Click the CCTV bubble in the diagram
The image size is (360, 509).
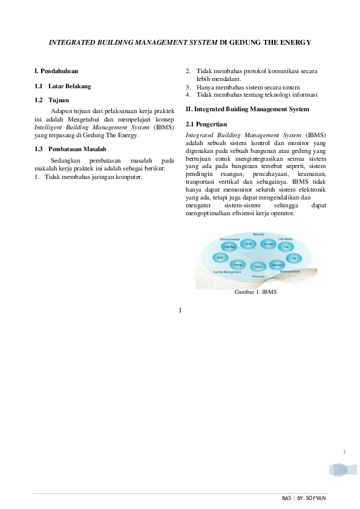click(x=248, y=244)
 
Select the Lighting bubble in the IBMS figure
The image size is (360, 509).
click(x=229, y=247)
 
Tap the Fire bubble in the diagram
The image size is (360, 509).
click(x=286, y=247)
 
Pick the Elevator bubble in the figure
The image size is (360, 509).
click(x=277, y=265)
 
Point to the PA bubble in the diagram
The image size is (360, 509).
click(x=294, y=258)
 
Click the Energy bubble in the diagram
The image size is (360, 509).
click(x=238, y=265)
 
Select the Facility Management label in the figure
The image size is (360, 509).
click(x=227, y=272)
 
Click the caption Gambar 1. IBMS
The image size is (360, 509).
click(x=255, y=292)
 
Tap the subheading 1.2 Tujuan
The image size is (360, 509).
click(x=52, y=100)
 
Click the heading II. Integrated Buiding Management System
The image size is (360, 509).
click(x=247, y=109)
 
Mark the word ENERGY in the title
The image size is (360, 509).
click(x=295, y=42)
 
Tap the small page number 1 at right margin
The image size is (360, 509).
click(x=344, y=452)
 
